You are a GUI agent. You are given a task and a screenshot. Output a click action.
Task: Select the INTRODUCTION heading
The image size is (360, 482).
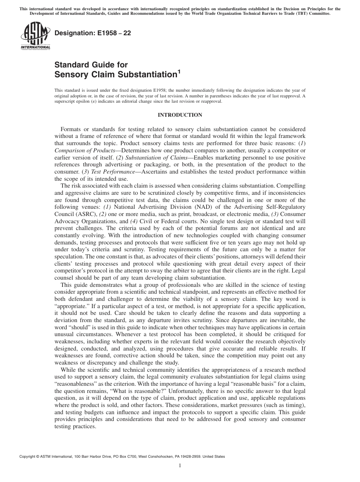tap(180, 115)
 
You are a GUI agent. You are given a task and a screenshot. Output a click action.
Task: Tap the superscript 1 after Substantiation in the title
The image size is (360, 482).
tap(179, 72)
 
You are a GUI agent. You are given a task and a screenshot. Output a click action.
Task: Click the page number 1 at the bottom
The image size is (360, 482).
tap(180, 466)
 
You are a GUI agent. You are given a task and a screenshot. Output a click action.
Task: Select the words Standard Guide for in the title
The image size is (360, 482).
tap(91, 65)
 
